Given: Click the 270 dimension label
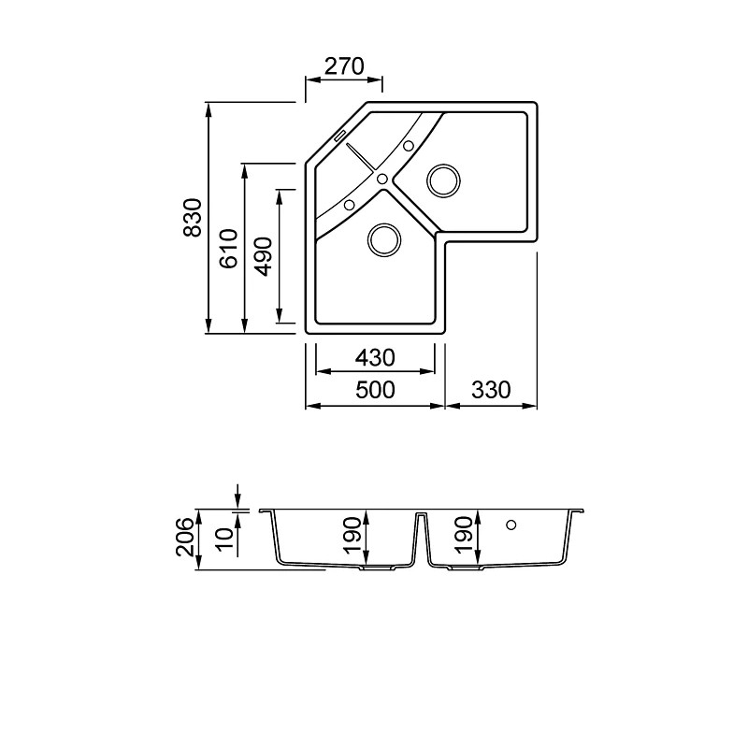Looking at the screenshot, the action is click(344, 66).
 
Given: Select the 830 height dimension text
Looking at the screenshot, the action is click(194, 218).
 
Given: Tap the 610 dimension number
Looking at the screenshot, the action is click(229, 249).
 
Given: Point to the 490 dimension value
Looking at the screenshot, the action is click(264, 256).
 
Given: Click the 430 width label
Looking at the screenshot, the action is click(375, 358).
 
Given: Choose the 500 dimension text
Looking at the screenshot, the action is click(376, 390).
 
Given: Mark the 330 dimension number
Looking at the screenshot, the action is click(491, 390).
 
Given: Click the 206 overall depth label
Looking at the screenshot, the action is click(185, 538).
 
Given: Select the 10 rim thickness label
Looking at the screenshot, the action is click(225, 539).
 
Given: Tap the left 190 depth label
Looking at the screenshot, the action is click(353, 535).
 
